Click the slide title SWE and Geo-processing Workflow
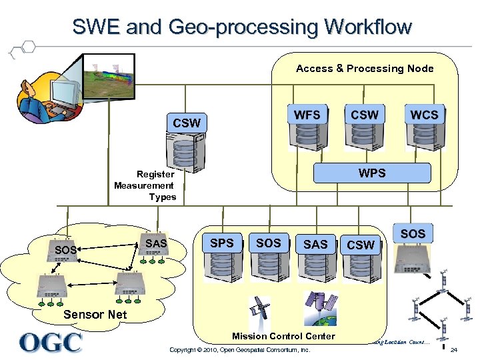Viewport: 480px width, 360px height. pyautogui.click(x=242, y=27)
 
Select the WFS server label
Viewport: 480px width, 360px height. pyautogui.click(x=307, y=115)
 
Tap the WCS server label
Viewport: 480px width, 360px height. pyautogui.click(x=424, y=115)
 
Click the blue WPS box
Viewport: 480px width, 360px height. pyautogui.click(x=372, y=173)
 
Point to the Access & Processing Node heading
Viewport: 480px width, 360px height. pyautogui.click(x=365, y=69)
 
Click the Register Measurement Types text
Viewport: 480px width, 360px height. pyautogui.click(x=145, y=185)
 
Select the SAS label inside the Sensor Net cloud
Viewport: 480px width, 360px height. pyautogui.click(x=156, y=244)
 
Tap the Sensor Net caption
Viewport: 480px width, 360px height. pyautogui.click(x=95, y=314)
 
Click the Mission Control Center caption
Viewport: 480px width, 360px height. pyautogui.click(x=283, y=336)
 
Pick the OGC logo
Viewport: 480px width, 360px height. pyautogui.click(x=51, y=343)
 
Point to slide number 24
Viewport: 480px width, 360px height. pyautogui.click(x=453, y=350)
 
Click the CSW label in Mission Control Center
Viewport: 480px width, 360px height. pyautogui.click(x=361, y=245)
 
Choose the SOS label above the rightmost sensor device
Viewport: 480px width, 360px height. pyautogui.click(x=413, y=234)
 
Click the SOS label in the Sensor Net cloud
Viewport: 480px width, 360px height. pyautogui.click(x=66, y=251)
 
